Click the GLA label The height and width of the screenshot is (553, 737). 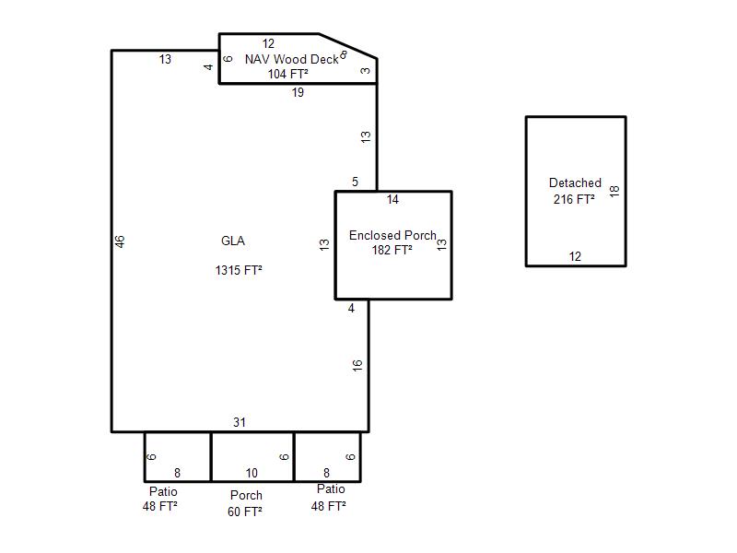coord(233,241)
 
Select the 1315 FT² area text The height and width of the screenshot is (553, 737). coord(239,270)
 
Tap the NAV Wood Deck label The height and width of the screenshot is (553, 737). coord(291,59)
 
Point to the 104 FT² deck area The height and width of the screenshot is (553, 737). coord(287,74)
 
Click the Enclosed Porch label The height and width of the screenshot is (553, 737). coord(392,235)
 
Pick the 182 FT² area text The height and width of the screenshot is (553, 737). coord(392,250)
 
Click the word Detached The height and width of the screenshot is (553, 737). coord(575,182)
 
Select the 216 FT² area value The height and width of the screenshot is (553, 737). coord(573,199)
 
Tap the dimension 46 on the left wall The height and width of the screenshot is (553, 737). coord(120,241)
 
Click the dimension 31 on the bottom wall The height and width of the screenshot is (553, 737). coord(240,422)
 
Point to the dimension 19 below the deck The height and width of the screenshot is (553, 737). coord(298,92)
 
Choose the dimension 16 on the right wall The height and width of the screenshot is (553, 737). coord(357,365)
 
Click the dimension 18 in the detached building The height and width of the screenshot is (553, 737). coord(614,191)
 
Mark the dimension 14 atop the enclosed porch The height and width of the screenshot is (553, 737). coord(392,199)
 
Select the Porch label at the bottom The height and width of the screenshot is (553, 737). coord(246,495)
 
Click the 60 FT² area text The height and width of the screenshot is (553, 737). coord(244,512)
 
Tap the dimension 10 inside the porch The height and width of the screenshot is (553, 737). coord(252,473)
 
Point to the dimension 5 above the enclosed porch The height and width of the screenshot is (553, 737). coord(355,182)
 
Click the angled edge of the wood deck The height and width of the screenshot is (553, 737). coord(348,46)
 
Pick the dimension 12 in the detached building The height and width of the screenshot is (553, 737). coord(575,256)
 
